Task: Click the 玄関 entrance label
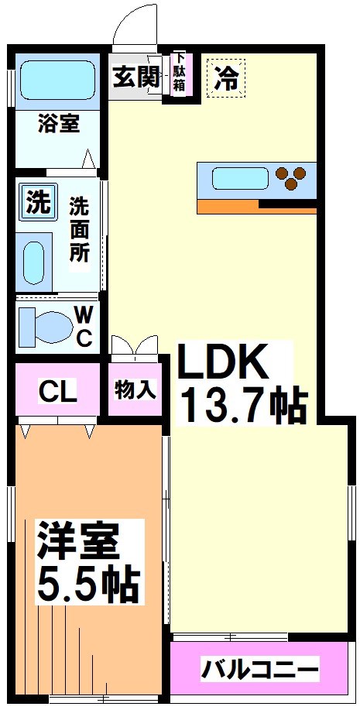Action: pos(136,77)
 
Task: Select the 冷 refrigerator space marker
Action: pos(226,79)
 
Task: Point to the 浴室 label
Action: pos(58,123)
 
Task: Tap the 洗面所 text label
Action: pos(79,230)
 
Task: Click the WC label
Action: pos(84,326)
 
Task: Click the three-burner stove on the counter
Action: pos(292,179)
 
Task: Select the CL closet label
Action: pos(58,391)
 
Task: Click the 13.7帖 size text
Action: pos(243,403)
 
